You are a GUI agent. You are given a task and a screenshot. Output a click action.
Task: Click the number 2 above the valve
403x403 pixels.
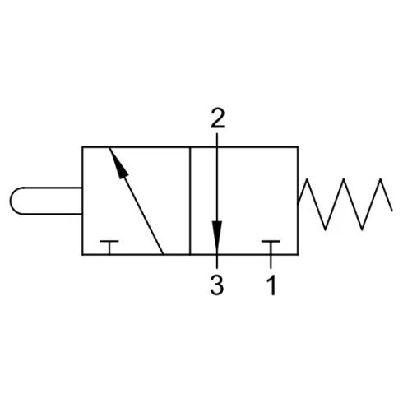point(217,118)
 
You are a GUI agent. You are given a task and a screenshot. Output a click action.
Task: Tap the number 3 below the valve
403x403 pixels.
point(217,285)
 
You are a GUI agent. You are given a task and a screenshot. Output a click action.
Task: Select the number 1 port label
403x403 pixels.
point(271,285)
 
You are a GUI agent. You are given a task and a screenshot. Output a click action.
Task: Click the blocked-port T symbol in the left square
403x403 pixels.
point(109,248)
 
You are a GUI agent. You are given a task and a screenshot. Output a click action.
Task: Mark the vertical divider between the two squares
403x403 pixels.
point(190,201)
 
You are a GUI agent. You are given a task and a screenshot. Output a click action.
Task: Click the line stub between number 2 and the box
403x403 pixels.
point(217,140)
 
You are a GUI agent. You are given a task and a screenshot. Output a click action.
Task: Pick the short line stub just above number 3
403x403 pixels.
point(217,262)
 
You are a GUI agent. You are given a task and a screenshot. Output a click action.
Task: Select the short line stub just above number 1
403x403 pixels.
point(271,262)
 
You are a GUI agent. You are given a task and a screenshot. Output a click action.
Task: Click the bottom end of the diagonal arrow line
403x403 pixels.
point(164,254)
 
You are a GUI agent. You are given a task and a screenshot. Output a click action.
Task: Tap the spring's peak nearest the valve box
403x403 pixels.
point(307,179)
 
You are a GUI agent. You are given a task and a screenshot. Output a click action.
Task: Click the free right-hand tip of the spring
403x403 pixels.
point(392,211)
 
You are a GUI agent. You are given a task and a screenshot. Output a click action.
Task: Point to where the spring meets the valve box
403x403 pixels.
point(299,203)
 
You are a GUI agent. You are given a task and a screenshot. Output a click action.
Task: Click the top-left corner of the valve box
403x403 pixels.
point(82,147)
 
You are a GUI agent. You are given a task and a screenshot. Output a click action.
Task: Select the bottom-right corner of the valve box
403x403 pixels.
point(298,255)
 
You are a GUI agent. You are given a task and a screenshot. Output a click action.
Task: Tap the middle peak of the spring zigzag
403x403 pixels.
point(344,179)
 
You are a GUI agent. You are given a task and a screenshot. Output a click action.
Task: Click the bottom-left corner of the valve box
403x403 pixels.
point(82,255)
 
